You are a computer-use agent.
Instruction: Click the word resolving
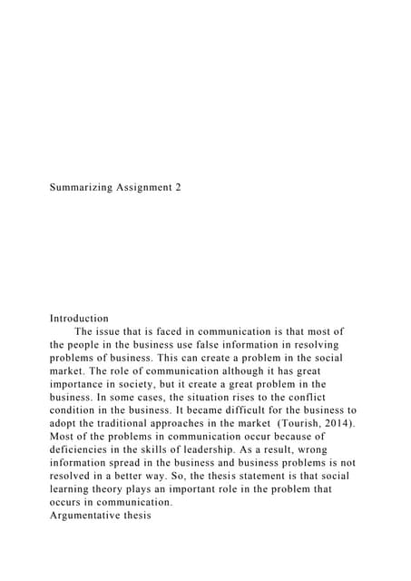tap(316, 345)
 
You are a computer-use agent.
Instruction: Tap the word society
tap(143, 384)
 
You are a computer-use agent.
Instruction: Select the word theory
tap(109, 488)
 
